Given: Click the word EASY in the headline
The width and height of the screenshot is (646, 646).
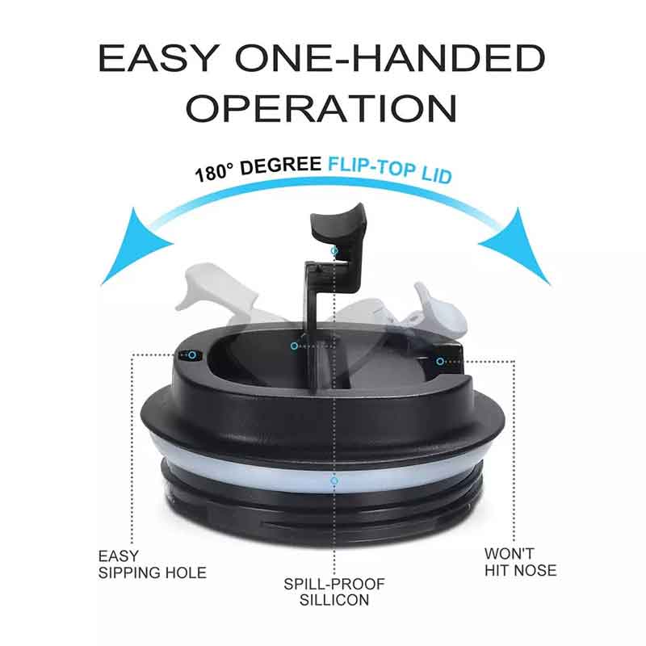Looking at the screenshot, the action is (157, 58).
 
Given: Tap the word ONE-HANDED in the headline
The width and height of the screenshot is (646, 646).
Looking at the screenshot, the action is (391, 58).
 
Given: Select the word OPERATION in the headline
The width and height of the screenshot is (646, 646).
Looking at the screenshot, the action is (321, 108).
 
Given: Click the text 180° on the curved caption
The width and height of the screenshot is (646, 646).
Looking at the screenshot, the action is (213, 172).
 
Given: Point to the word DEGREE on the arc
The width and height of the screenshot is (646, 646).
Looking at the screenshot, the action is (280, 165).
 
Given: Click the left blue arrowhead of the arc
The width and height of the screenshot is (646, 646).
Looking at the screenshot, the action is (132, 247).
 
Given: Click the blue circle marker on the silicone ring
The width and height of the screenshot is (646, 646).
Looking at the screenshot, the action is (334, 480).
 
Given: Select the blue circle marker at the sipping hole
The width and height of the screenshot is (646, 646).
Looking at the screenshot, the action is (192, 355).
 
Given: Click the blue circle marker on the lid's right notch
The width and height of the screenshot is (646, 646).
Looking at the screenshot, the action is (440, 361).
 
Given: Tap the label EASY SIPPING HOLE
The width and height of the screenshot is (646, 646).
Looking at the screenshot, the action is (152, 564).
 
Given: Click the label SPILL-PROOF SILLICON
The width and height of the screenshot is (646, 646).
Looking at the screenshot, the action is (334, 592).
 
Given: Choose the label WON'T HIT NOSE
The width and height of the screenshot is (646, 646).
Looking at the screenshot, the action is (520, 562).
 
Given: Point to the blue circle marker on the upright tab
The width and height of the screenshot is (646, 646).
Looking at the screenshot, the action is (334, 250).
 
